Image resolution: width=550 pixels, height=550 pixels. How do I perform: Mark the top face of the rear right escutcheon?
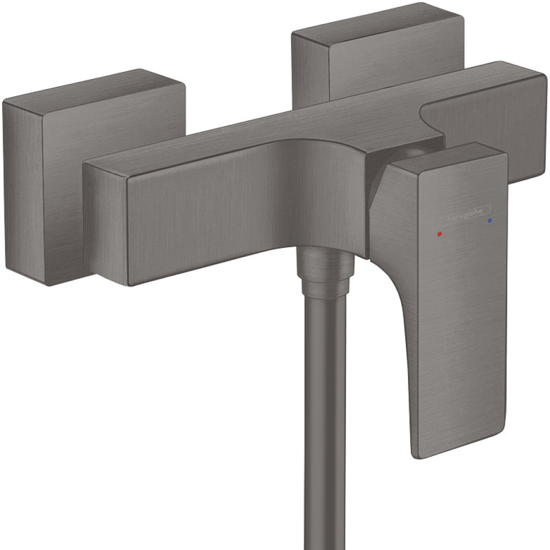click(x=374, y=22)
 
